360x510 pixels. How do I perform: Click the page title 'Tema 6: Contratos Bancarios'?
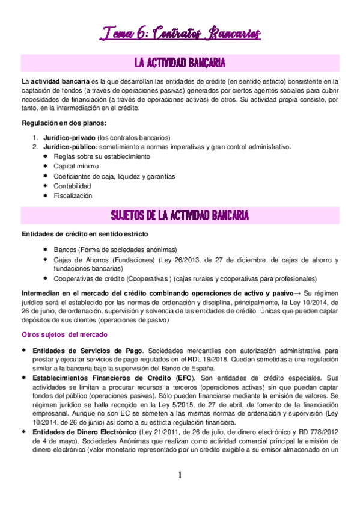point(180,32)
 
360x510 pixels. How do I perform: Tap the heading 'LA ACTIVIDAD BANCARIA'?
point(180,63)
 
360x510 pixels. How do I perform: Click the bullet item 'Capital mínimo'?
point(78,167)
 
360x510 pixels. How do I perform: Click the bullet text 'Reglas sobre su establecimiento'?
point(102,157)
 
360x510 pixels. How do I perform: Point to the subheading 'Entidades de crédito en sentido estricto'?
point(85,233)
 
